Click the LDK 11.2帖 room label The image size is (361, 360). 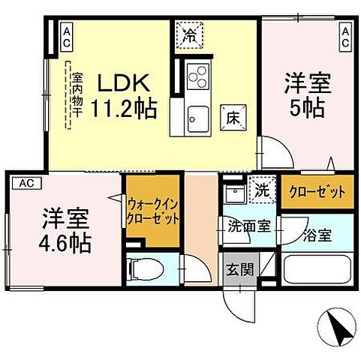point(125,94)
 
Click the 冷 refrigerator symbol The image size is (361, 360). point(190,35)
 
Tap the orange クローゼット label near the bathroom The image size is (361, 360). point(316,191)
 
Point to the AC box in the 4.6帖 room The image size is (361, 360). point(26,182)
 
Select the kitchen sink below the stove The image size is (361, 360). point(198,117)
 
